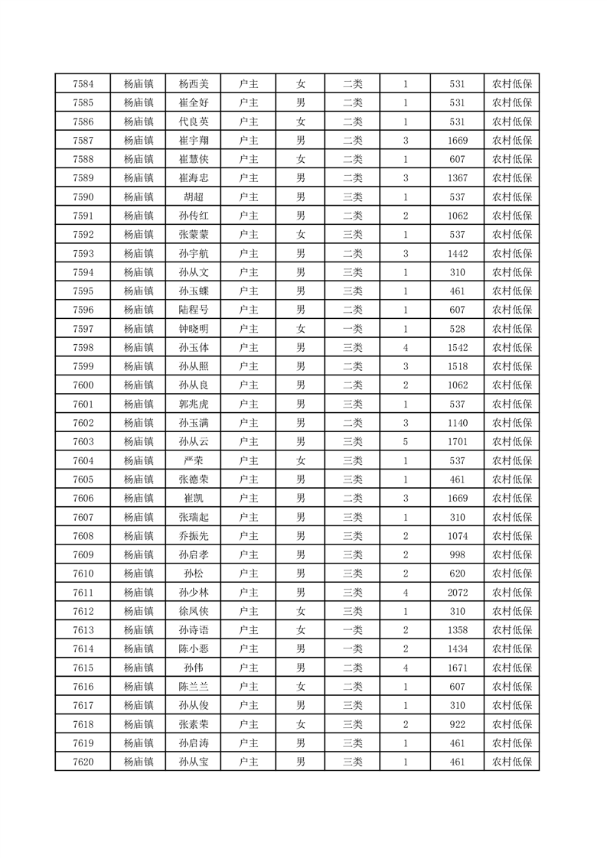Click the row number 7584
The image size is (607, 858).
click(83, 84)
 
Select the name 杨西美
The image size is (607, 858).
click(193, 84)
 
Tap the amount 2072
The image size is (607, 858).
click(458, 591)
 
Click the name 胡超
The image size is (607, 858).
click(193, 197)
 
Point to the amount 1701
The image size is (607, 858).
click(458, 441)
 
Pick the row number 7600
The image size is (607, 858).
click(83, 385)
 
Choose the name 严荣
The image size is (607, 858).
click(193, 460)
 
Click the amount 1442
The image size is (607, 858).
click(458, 253)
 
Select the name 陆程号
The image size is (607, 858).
click(193, 310)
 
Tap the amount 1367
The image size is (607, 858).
click(458, 178)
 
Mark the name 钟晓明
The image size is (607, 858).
click(193, 328)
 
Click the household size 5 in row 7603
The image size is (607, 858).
click(405, 441)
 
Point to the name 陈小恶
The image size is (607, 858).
click(193, 648)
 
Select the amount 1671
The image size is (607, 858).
click(458, 667)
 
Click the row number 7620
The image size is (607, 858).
click(83, 761)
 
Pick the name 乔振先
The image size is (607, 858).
click(193, 535)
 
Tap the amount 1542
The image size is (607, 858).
click(458, 347)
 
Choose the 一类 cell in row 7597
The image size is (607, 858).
click(353, 328)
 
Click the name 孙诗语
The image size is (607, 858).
click(193, 629)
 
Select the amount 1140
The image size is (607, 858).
click(458, 422)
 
